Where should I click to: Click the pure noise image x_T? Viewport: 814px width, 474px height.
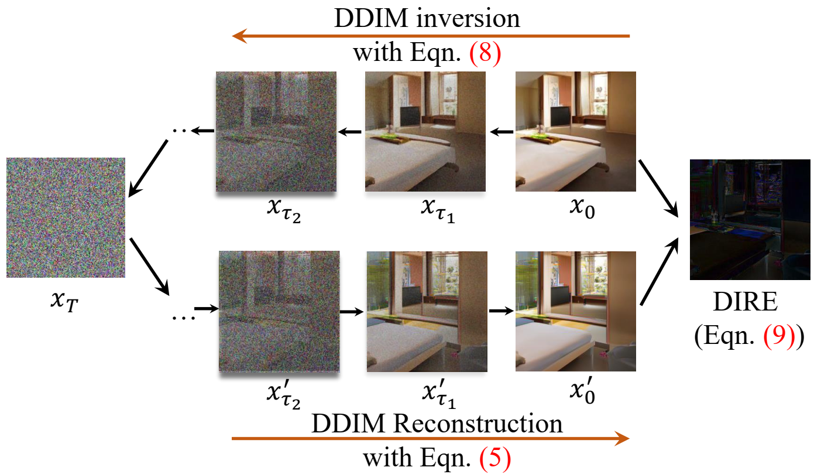66,217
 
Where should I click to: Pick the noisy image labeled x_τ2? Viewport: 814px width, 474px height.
276,131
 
